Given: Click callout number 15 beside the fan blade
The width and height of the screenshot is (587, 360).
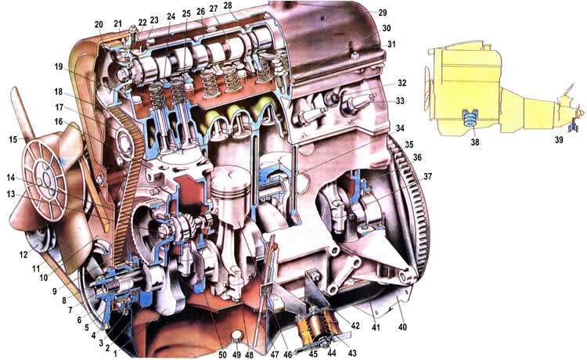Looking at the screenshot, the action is pos(13,139).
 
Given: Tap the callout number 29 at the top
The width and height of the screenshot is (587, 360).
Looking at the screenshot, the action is pos(382,13).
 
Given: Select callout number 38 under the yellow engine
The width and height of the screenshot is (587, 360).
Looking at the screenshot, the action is pos(475,142).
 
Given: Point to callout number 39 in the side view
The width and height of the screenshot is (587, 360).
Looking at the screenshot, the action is pos(559,139).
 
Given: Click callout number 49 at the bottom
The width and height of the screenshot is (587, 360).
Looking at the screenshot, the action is pos(236,354).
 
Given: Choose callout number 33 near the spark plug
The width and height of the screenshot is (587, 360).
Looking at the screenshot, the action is pos(400,101).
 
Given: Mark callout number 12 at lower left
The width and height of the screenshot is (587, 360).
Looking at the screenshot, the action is pos(23,255).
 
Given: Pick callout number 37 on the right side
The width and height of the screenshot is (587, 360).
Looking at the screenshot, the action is pos(427,176).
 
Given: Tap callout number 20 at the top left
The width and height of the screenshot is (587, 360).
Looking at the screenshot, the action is pos(99,25).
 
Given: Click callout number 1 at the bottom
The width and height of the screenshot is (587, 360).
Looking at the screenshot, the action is pos(115,352).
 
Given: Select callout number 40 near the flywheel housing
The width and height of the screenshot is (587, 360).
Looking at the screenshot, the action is pos(402,327).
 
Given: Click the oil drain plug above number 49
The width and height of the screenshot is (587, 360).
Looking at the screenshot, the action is pos(236,337).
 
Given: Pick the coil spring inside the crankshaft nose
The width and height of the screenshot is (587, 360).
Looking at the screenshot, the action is pos(111,289).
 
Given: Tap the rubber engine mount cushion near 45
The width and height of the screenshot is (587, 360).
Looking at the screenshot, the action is pos(315,326).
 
